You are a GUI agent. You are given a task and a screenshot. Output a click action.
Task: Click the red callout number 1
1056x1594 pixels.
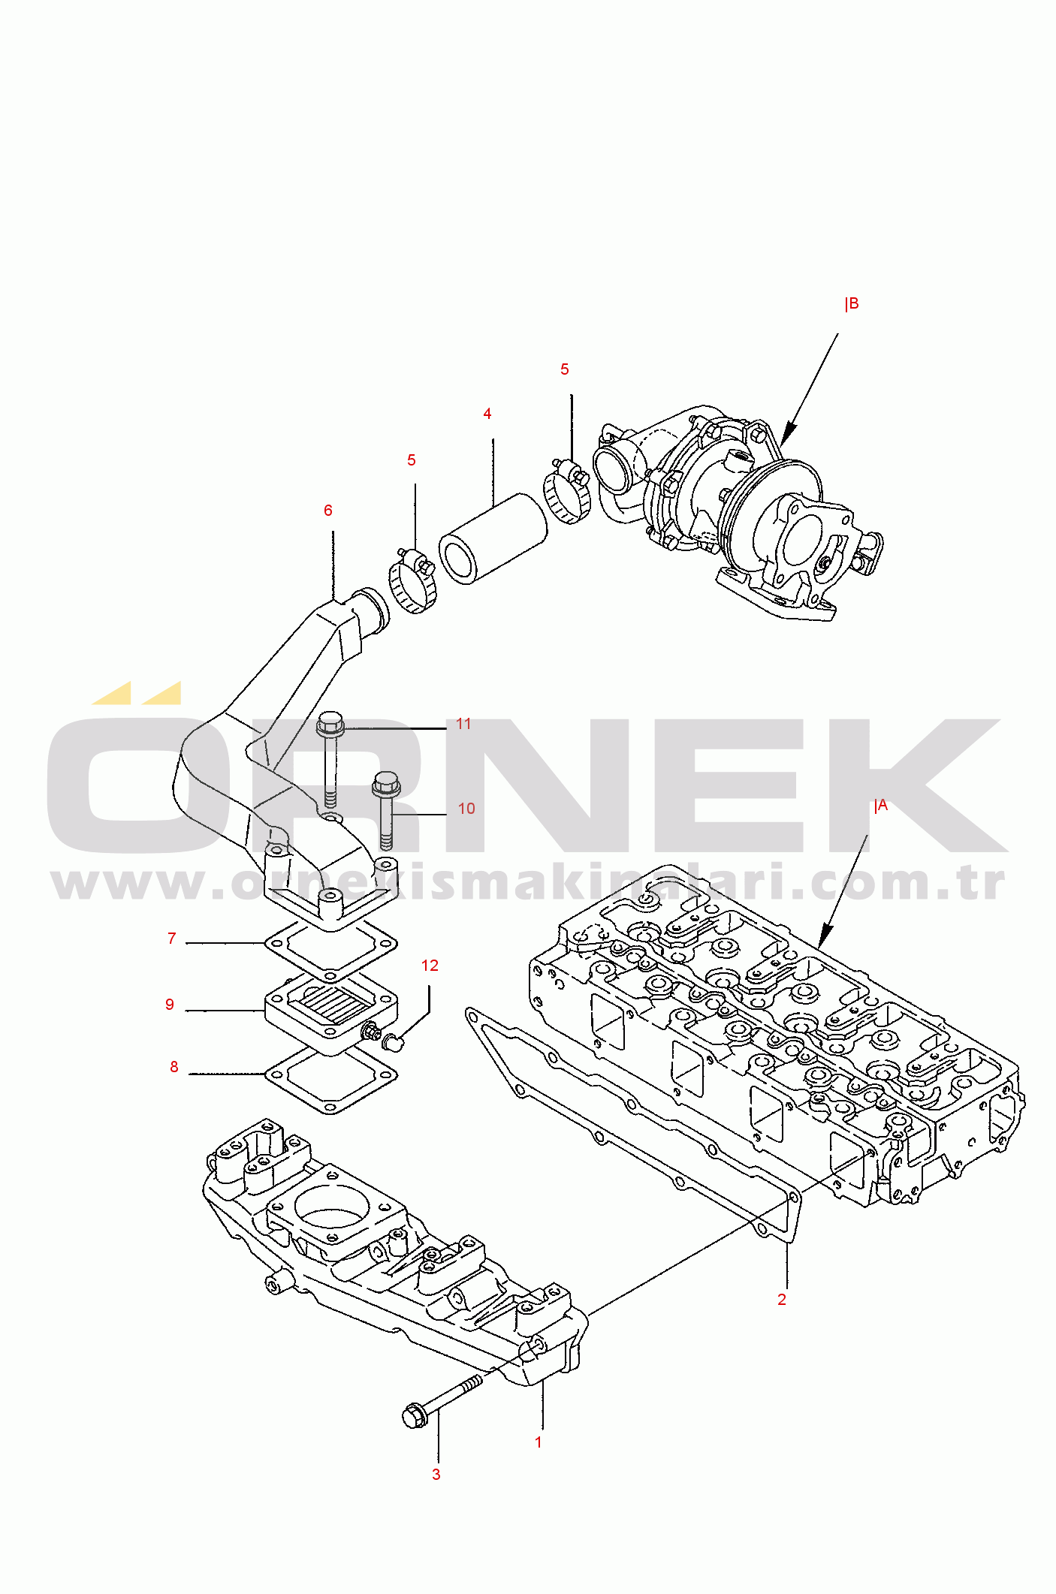pos(538,1442)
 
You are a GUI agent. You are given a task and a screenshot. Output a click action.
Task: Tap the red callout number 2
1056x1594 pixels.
pos(782,1299)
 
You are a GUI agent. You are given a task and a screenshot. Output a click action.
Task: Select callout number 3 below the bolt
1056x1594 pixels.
pos(436,1474)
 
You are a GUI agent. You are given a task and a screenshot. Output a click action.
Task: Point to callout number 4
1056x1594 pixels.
pos(487,414)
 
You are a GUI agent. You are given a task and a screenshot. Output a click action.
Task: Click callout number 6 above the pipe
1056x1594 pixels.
pos(328,511)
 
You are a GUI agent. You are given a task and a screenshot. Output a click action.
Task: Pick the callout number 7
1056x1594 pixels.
pos(172,939)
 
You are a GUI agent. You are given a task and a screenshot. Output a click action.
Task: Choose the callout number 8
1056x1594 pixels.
pos(174,1067)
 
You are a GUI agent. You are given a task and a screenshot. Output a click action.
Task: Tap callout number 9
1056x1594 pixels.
pos(170,1005)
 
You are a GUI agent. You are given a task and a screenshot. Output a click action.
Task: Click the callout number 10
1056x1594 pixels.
pos(466,809)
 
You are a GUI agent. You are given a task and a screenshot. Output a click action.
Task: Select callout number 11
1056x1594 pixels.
pos(463,724)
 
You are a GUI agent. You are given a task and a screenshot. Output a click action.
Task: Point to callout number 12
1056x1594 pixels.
pos(430,966)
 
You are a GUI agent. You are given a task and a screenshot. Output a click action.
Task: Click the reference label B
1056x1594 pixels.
pos(852,304)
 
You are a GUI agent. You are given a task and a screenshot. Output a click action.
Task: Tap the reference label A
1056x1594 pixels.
pos(881,806)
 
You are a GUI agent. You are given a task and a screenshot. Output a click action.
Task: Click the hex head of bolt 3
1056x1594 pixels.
pos(415,1415)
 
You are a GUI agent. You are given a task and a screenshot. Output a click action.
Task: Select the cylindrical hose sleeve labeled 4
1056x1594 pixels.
pos(493,538)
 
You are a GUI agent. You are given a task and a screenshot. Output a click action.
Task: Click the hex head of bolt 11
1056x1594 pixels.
pos(330,723)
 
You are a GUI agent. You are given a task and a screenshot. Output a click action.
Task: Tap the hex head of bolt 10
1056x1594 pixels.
pos(385,784)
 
